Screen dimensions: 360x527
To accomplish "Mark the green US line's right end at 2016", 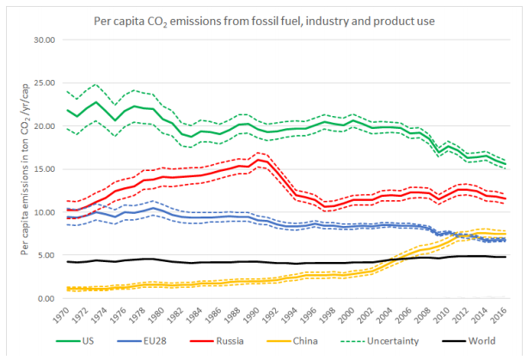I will pos(505,164).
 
